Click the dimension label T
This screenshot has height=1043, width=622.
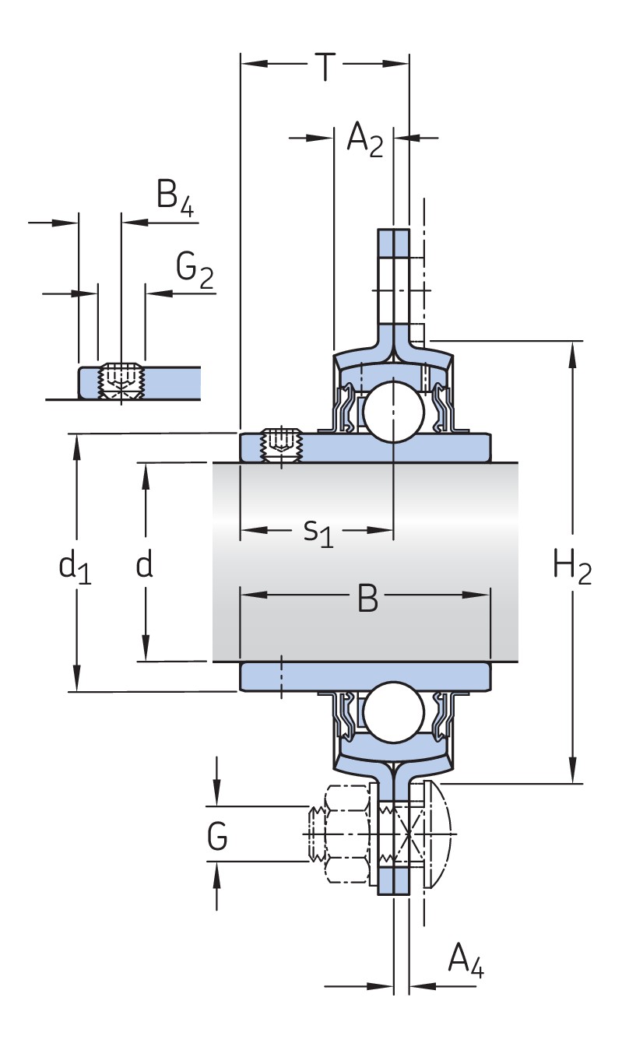[x=325, y=67]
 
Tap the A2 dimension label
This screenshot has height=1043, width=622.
[x=364, y=141]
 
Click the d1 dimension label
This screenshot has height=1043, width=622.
[x=76, y=566]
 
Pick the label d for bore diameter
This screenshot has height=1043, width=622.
[x=144, y=564]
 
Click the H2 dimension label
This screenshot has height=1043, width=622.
[x=572, y=566]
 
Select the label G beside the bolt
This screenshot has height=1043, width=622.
[x=218, y=839]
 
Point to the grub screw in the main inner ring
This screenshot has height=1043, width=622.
[x=283, y=446]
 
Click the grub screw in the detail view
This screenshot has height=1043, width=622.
[x=121, y=380]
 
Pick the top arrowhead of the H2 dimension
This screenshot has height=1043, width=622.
[x=574, y=352]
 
